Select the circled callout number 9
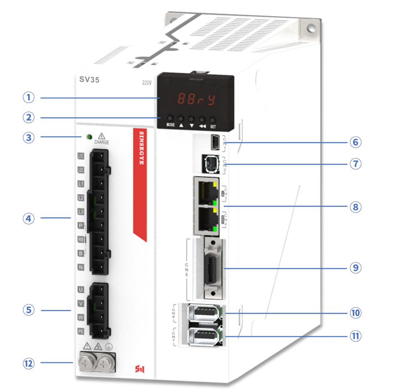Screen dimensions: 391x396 point(355,268)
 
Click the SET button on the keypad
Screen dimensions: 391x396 point(213,118)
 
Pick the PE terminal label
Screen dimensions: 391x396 point(80,331)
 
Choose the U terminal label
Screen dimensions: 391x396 point(81,289)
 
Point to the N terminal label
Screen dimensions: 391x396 point(81,267)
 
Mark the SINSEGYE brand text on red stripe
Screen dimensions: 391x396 point(141,149)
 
